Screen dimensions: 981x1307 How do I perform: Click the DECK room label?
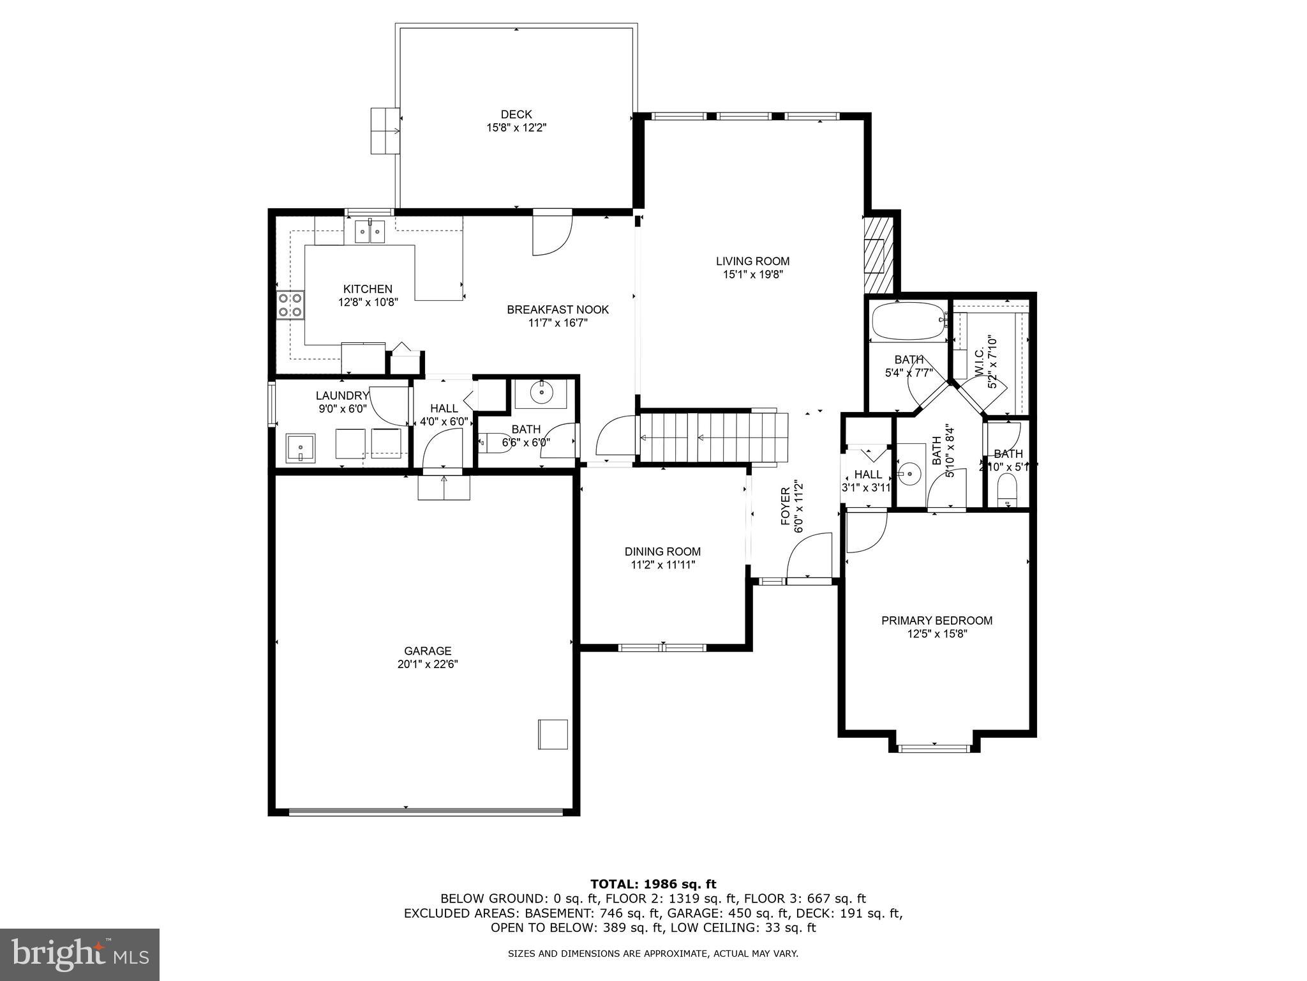[516, 114]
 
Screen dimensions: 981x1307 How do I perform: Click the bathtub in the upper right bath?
[906, 322]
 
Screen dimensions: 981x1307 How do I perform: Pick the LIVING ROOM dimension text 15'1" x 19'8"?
[752, 275]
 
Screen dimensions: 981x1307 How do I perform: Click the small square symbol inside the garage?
[553, 734]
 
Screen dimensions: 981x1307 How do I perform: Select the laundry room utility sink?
[300, 448]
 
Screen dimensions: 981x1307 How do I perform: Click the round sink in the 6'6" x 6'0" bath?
[541, 392]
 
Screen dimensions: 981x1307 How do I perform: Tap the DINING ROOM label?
[662, 551]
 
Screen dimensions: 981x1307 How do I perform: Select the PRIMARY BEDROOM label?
[936, 620]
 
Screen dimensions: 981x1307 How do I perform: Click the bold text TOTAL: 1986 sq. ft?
[653, 884]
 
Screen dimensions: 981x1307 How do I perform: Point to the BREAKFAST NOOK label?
[558, 310]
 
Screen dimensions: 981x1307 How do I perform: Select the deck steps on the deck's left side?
[385, 131]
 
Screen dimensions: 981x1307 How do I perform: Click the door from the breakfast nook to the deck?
[551, 235]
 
